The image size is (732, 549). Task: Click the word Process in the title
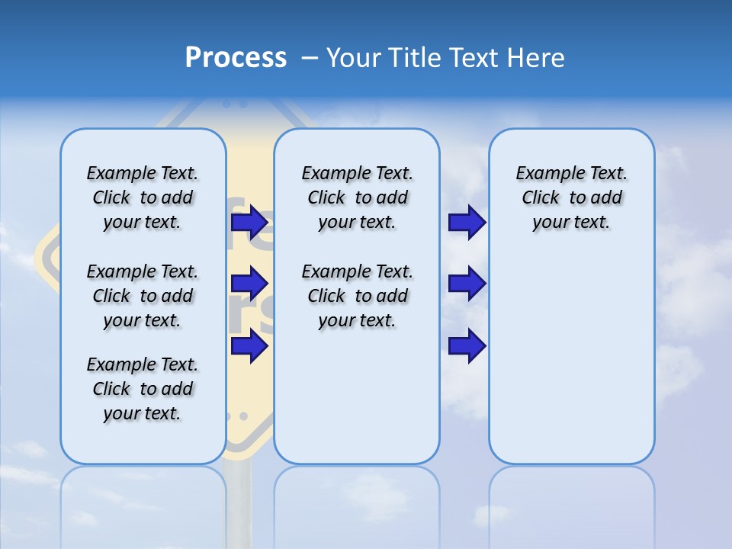click(x=236, y=58)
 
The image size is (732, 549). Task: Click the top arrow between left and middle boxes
click(x=249, y=223)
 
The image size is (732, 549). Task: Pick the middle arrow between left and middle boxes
click(x=249, y=284)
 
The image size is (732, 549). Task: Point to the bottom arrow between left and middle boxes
click(x=249, y=346)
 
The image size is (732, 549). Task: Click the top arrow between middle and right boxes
click(x=467, y=223)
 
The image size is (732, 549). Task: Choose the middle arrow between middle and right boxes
click(x=467, y=284)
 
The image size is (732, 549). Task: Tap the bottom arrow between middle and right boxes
click(x=467, y=346)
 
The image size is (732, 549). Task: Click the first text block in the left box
click(x=143, y=197)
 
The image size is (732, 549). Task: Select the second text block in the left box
click(x=143, y=296)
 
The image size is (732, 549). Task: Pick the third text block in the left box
click(x=143, y=389)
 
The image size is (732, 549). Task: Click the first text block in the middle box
click(x=357, y=197)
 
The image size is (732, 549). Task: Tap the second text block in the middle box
click(x=357, y=296)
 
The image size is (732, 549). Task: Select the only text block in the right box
click(x=572, y=197)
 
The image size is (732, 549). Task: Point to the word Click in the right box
click(x=541, y=198)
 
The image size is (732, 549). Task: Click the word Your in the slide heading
click(x=352, y=58)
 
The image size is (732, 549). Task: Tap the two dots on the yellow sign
click(x=236, y=417)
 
